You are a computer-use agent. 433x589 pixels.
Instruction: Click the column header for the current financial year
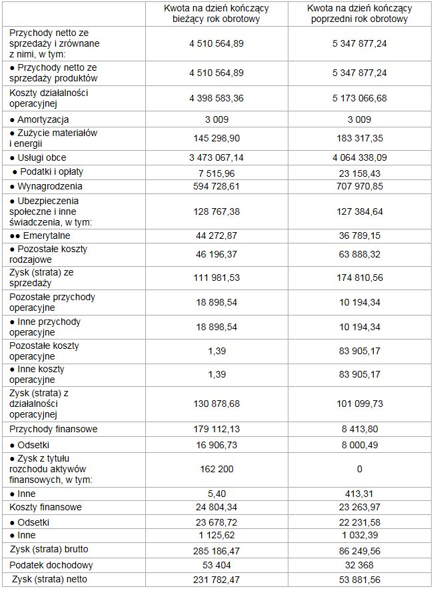click(x=216, y=13)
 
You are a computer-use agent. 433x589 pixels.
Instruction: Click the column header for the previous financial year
click(x=359, y=13)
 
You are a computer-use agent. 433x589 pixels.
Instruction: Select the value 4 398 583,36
click(x=216, y=98)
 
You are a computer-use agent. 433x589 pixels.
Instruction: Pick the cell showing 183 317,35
click(x=359, y=139)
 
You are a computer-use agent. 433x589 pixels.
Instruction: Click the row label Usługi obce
click(x=42, y=158)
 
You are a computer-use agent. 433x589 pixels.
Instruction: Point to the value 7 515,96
click(x=216, y=172)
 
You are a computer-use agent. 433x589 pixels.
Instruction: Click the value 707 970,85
click(x=359, y=186)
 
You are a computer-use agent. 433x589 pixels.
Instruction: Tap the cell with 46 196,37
click(x=216, y=254)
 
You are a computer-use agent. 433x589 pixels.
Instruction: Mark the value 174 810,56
click(x=359, y=278)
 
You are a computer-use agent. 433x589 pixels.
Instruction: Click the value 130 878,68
click(x=216, y=404)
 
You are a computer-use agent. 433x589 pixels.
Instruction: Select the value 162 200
click(x=216, y=469)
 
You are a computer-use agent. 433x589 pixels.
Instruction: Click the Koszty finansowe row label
click(x=46, y=508)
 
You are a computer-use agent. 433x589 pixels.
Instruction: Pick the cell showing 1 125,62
click(x=216, y=536)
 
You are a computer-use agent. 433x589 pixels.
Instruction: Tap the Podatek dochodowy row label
click(x=51, y=565)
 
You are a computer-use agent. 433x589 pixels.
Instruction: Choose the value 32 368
click(x=359, y=565)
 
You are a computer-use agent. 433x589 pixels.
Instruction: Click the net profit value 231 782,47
click(x=216, y=579)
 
